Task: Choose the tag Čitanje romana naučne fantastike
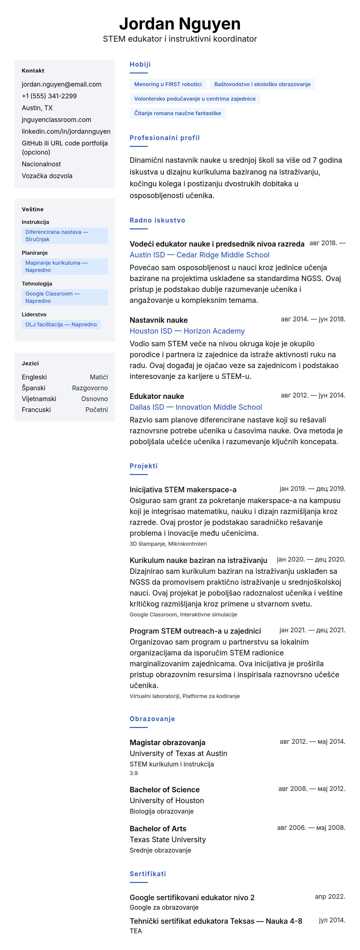pyautogui.click(x=178, y=113)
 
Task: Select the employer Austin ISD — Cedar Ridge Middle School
pyautogui.click(x=199, y=255)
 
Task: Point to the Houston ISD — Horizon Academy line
pyautogui.click(x=187, y=331)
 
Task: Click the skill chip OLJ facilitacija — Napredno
pyautogui.click(x=61, y=325)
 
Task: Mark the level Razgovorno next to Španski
pyautogui.click(x=90, y=388)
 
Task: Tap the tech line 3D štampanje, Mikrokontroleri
pyautogui.click(x=168, y=544)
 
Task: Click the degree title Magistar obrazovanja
pyautogui.click(x=168, y=743)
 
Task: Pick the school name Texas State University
pyautogui.click(x=168, y=840)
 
